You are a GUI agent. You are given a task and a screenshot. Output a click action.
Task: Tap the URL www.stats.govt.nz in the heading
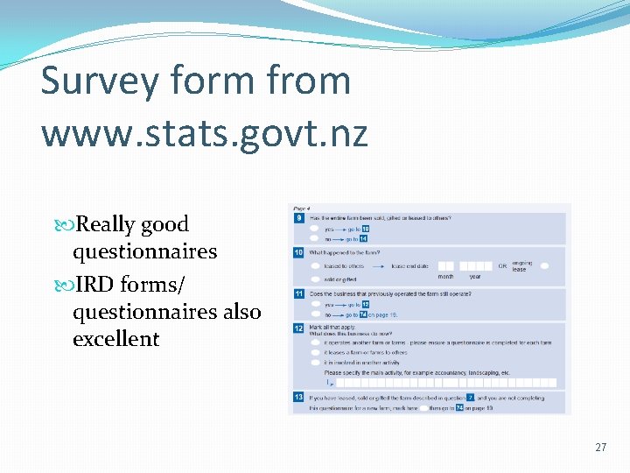(x=204, y=133)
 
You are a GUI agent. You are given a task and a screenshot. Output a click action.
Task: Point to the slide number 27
(x=600, y=448)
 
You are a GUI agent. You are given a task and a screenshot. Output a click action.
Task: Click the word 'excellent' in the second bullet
(x=115, y=339)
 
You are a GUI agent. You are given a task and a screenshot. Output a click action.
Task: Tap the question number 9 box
(x=298, y=217)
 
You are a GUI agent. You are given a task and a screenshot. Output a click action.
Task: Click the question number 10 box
(x=298, y=252)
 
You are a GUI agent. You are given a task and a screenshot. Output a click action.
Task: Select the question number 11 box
(x=298, y=293)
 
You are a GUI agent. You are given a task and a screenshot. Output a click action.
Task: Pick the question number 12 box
(x=298, y=328)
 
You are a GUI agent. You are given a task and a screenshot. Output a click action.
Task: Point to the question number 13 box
(x=298, y=397)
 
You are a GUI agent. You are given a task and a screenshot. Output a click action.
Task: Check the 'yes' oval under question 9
(x=314, y=229)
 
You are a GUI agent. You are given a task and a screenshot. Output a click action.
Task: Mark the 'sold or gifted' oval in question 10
(x=314, y=279)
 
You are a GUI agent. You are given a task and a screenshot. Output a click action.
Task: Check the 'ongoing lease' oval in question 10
(x=544, y=265)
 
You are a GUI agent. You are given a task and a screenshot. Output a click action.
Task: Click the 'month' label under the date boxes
(x=446, y=277)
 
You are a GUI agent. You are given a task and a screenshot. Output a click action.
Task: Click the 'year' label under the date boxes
(x=475, y=277)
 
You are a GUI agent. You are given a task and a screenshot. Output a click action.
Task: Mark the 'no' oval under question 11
(x=314, y=314)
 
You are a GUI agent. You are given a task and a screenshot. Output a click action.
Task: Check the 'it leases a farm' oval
(x=314, y=351)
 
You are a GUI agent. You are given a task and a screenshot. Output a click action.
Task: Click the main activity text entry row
(x=446, y=383)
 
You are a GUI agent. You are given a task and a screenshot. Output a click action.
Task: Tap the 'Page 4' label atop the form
(x=302, y=208)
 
